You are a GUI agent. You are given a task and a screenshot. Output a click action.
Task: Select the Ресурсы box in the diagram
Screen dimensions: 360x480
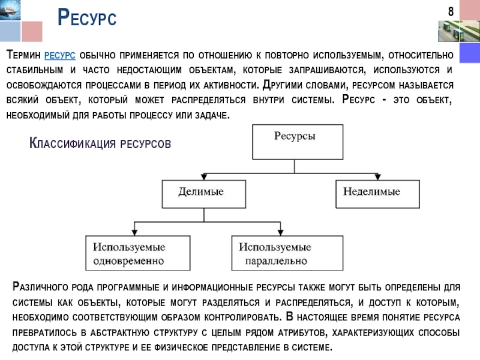click(298, 139)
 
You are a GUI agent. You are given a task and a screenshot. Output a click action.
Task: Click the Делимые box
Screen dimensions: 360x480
click(204, 193)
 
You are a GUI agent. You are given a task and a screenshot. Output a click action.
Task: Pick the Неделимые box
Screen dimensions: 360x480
click(376, 193)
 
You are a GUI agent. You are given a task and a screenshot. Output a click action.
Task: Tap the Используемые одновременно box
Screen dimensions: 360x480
click(137, 253)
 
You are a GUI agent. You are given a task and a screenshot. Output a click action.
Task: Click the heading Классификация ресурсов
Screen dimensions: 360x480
click(100, 143)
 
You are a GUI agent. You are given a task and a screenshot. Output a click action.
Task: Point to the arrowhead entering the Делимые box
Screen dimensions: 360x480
click(204, 176)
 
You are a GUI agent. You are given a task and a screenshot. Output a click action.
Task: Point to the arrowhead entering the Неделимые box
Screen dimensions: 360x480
click(376, 176)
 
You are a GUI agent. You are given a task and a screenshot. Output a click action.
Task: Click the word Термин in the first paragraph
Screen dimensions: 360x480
click(23, 55)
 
